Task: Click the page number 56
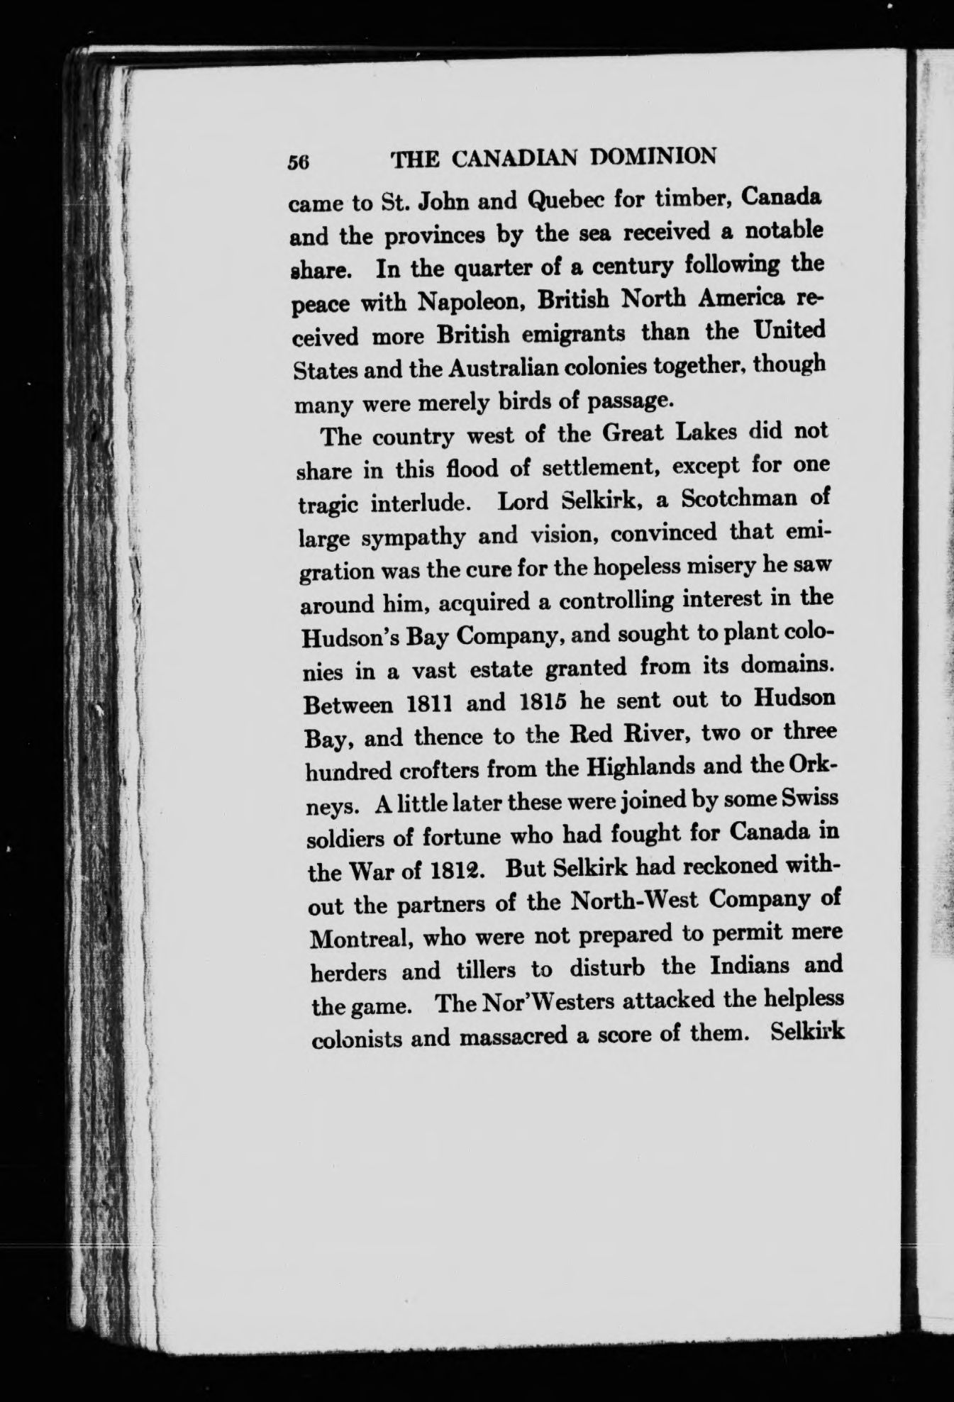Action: (x=296, y=161)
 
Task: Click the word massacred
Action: (x=513, y=1037)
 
